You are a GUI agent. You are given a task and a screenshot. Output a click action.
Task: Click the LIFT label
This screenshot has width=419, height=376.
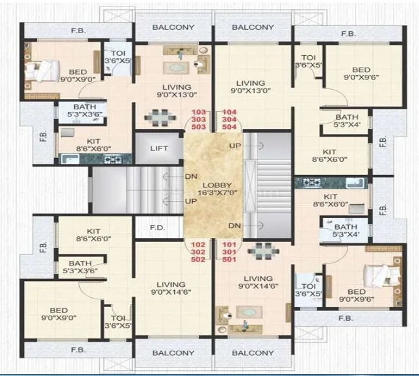(x=159, y=148)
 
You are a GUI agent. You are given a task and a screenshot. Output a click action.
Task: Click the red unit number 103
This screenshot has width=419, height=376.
(x=199, y=112)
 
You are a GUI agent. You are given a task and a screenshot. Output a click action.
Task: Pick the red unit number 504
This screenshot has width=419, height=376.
(x=230, y=127)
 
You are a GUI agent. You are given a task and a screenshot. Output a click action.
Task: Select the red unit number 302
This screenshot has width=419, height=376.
(x=199, y=252)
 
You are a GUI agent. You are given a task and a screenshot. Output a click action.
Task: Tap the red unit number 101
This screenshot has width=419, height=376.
(x=231, y=244)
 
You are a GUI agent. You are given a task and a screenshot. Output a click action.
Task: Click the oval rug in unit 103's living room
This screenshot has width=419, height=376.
(x=175, y=66)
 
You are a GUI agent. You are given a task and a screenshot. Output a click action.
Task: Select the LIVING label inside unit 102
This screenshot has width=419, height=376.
(x=170, y=285)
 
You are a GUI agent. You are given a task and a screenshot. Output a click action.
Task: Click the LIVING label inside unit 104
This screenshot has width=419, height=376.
(x=250, y=83)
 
